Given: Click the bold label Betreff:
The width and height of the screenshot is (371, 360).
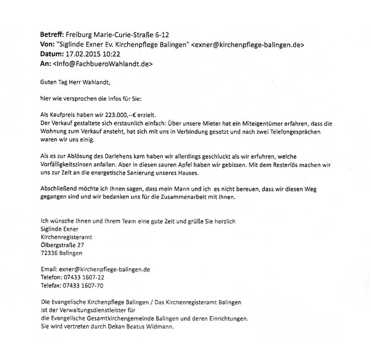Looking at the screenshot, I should [x=53, y=34].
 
